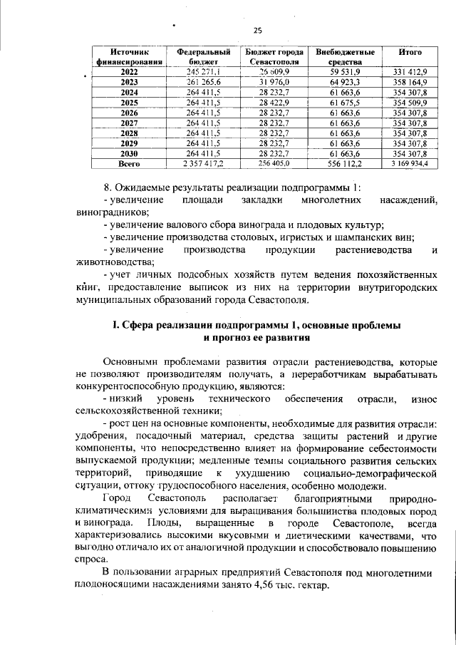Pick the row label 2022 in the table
[x=129, y=73]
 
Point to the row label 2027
[x=129, y=123]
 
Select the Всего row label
[x=129, y=163]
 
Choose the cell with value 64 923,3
[x=346, y=83]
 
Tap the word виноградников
[x=110, y=212]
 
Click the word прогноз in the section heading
[x=227, y=337]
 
